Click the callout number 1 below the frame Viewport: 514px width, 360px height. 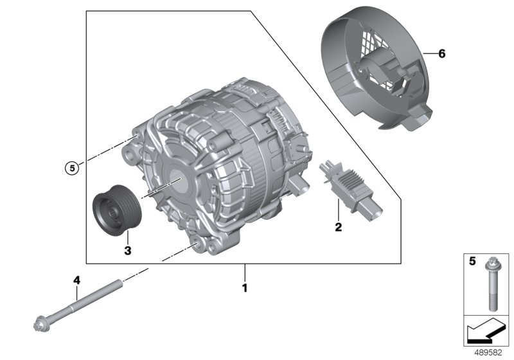(245, 288)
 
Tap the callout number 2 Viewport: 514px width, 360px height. (339, 227)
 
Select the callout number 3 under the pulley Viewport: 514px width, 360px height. (128, 251)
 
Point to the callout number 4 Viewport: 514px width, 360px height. (76, 280)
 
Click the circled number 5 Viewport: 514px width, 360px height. (72, 168)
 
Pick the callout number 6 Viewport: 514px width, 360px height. (442, 53)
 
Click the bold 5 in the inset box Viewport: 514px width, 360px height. (472, 261)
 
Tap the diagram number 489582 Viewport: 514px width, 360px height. (488, 353)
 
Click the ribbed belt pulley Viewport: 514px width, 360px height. (117, 210)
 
